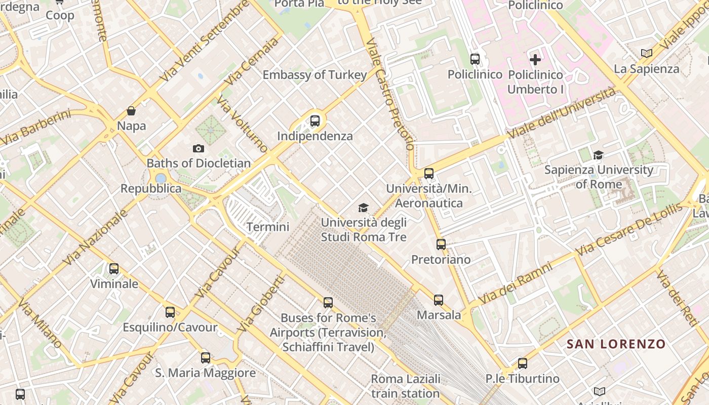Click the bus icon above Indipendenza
click(315, 121)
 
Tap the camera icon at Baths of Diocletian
click(199, 148)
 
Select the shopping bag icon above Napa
click(131, 111)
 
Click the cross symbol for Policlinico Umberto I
click(535, 60)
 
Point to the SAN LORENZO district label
click(616, 344)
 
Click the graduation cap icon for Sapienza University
click(598, 155)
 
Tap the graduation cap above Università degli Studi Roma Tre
click(363, 208)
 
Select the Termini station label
click(268, 227)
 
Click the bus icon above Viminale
click(114, 269)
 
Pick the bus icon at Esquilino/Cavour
click(170, 312)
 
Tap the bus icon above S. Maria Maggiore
click(206, 358)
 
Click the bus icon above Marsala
click(439, 300)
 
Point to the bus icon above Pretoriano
click(441, 245)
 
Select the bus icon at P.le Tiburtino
click(523, 363)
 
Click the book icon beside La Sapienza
click(647, 53)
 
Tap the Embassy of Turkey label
click(314, 75)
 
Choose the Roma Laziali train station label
click(406, 386)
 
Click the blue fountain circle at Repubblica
click(161, 178)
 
